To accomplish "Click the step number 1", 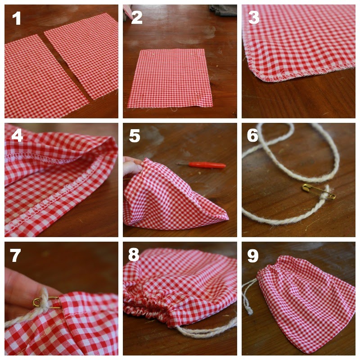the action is coord(17,18).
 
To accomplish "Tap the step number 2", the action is coord(137,18).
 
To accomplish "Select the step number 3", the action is coord(254,18).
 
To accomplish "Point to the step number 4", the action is coord(17,135).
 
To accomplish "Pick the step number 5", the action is coord(135,136).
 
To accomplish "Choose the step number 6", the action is coord(252,135).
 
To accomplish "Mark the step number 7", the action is coord(15,255).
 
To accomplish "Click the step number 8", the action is coord(134,254).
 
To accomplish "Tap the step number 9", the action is coord(253,256).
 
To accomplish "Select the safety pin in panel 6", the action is coord(319,191).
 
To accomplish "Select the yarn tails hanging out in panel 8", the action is coord(207,328).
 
